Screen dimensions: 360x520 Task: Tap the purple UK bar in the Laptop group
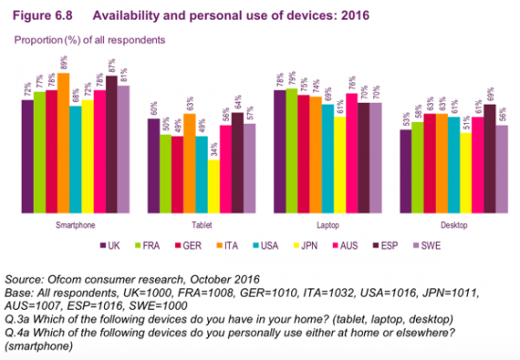click(279, 150)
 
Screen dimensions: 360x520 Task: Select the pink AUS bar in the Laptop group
click(351, 152)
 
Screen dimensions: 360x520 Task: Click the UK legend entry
click(110, 245)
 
